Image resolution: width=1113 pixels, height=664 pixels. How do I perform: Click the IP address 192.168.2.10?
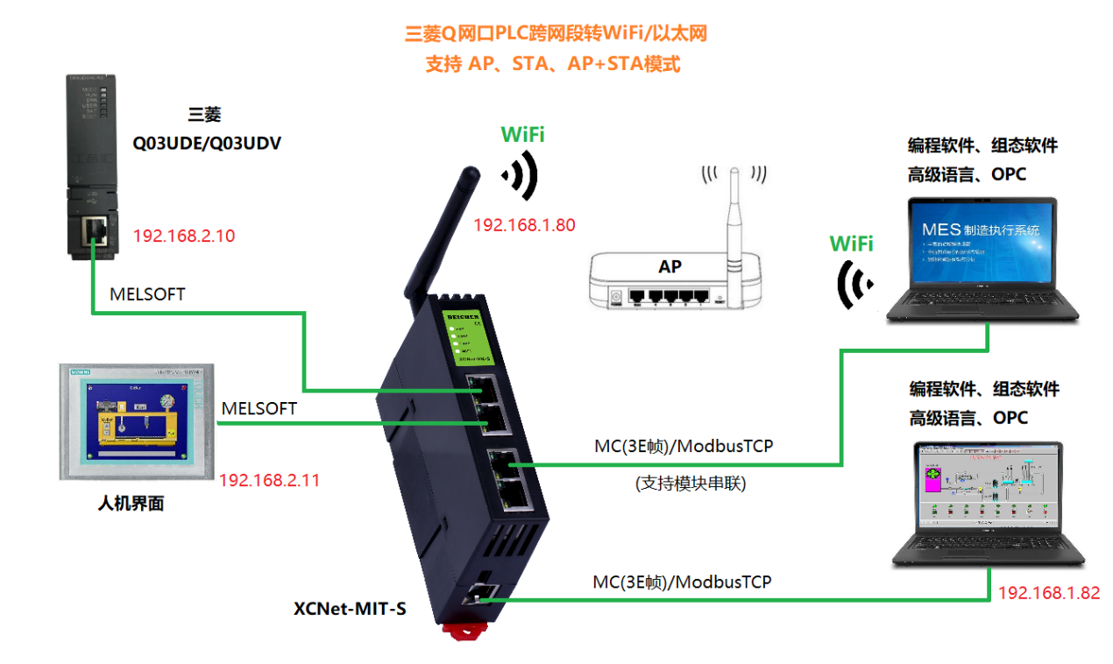[x=184, y=236]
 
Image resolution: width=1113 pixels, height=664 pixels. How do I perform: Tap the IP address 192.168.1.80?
[x=524, y=225]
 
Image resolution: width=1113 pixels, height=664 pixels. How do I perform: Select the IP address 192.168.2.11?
[x=269, y=480]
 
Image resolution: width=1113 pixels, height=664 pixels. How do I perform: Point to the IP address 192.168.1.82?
[x=1048, y=592]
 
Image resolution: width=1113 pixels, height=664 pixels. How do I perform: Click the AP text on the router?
[x=670, y=266]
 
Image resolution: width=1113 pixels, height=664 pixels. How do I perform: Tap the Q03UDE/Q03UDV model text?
[x=207, y=143]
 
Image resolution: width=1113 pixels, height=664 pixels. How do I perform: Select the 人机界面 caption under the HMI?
[x=131, y=504]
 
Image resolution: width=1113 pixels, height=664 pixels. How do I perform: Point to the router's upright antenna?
[x=734, y=210]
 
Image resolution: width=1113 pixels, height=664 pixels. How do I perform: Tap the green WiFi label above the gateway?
[x=522, y=135]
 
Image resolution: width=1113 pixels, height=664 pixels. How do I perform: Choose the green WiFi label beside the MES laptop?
[x=851, y=244]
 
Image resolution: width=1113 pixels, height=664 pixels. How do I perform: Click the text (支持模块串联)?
[x=690, y=483]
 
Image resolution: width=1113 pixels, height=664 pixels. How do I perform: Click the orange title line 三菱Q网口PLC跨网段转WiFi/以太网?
[x=556, y=34]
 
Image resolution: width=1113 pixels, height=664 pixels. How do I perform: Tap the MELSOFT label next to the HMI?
[x=259, y=408]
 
